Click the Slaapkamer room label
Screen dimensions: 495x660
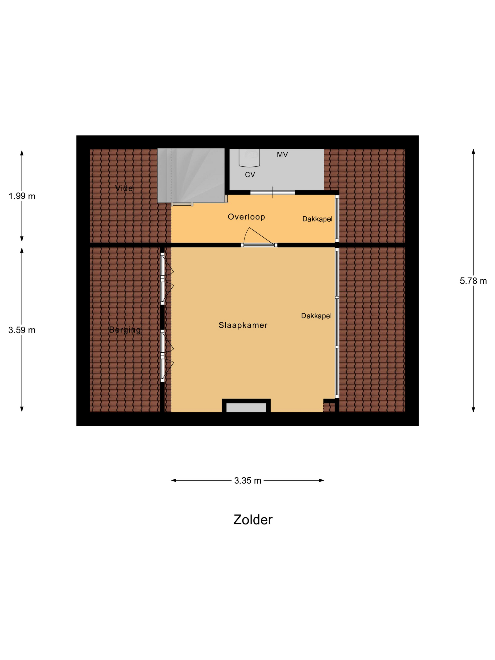(x=243, y=325)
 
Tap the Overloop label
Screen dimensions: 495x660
(x=246, y=217)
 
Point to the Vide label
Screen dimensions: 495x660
(x=124, y=188)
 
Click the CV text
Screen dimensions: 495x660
(x=250, y=175)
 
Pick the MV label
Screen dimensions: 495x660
(x=282, y=155)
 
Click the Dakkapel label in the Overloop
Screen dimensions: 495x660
(x=317, y=219)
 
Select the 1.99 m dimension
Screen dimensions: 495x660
(x=22, y=196)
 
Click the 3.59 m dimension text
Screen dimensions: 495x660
(x=22, y=330)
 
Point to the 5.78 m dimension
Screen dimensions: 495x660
(x=473, y=281)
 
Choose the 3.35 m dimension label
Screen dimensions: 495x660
(x=248, y=481)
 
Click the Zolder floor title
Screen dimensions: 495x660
(x=253, y=520)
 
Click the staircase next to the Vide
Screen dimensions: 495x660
(x=191, y=175)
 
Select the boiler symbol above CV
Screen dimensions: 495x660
(x=249, y=157)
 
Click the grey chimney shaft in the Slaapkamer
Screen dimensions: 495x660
(x=246, y=408)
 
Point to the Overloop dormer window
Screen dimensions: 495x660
(x=337, y=219)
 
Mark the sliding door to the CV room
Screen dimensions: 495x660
(x=273, y=192)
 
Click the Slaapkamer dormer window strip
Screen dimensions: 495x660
(x=337, y=323)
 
